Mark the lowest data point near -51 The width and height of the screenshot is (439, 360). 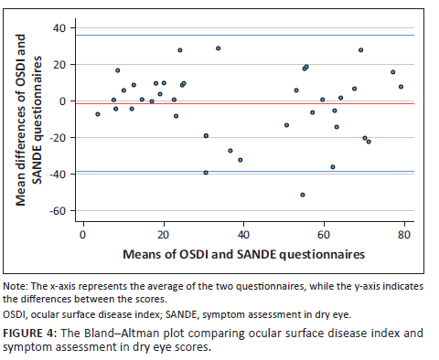pyautogui.click(x=302, y=195)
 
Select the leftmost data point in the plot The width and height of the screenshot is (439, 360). pyautogui.click(x=97, y=113)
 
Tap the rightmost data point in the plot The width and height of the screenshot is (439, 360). pyautogui.click(x=401, y=87)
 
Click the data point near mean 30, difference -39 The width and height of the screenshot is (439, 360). pyautogui.click(x=206, y=172)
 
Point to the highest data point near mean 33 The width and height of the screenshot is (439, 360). pyautogui.click(x=218, y=48)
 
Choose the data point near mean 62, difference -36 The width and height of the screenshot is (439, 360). pyautogui.click(x=332, y=166)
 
